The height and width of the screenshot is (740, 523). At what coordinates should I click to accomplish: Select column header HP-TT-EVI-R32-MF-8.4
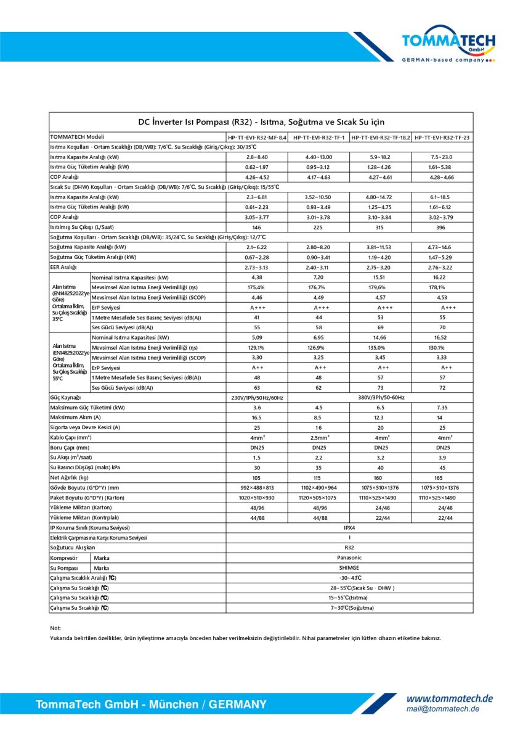(x=257, y=137)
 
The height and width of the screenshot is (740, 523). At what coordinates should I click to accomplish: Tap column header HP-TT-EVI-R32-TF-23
(x=442, y=137)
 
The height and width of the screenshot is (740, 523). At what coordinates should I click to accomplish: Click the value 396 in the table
(x=442, y=227)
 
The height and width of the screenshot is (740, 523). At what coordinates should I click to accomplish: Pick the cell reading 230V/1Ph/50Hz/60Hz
(x=257, y=398)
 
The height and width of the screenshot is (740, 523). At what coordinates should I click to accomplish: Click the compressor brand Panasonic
(x=349, y=557)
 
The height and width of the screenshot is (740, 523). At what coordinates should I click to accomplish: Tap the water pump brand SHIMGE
(x=349, y=568)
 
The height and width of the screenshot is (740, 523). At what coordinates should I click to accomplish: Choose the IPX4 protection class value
(x=349, y=528)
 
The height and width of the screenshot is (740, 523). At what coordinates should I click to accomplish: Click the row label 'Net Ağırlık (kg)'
(x=70, y=477)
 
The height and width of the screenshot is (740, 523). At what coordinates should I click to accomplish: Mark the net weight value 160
(x=381, y=477)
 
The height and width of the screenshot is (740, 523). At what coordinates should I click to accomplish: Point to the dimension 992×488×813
(x=257, y=488)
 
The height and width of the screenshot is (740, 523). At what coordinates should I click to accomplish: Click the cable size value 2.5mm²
(x=318, y=437)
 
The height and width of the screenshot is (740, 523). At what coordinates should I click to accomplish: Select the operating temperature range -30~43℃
(x=349, y=578)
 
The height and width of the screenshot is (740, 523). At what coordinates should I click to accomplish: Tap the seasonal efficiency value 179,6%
(x=381, y=287)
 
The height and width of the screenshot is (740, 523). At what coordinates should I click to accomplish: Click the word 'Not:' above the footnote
(x=55, y=628)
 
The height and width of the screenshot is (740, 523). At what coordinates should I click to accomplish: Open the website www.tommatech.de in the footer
(x=449, y=699)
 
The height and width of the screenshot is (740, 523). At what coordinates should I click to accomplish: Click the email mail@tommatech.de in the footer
(x=442, y=709)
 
